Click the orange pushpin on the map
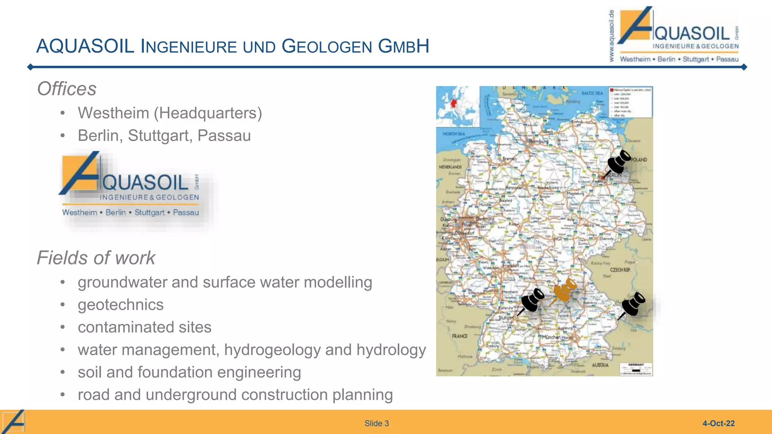pyautogui.click(x=564, y=291)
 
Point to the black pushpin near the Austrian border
pyautogui.click(x=633, y=304)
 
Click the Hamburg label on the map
pyautogui.click(x=539, y=141)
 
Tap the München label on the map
pyautogui.click(x=551, y=337)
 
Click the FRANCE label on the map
pyautogui.click(x=460, y=336)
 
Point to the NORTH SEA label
pyautogui.click(x=453, y=134)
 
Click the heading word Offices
pyautogui.click(x=67, y=89)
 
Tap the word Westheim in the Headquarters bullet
pyautogui.click(x=113, y=113)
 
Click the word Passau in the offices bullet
pyautogui.click(x=224, y=136)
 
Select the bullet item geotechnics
pyautogui.click(x=121, y=305)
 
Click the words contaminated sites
pyautogui.click(x=144, y=327)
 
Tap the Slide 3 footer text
pyautogui.click(x=376, y=423)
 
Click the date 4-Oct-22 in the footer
pyautogui.click(x=718, y=423)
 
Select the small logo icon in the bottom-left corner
pyautogui.click(x=14, y=422)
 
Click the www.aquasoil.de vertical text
pyautogui.click(x=611, y=36)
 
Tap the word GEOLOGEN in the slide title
pyautogui.click(x=327, y=47)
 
